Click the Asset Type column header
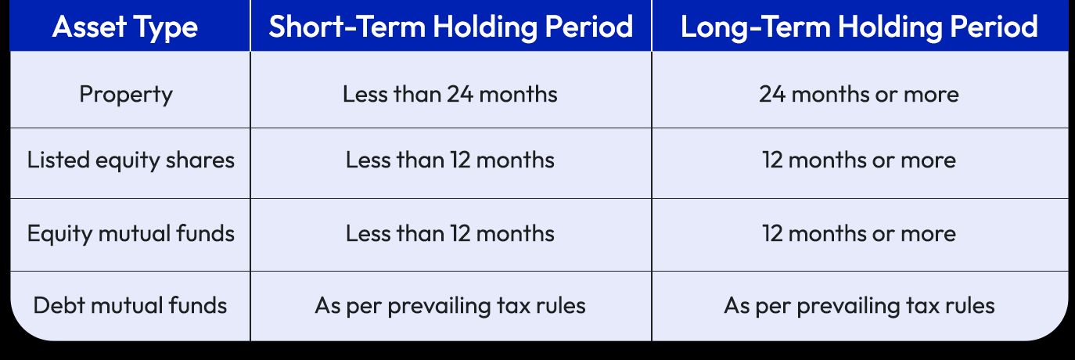click(125, 27)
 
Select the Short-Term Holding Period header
click(451, 27)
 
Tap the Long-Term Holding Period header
click(859, 27)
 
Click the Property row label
click(125, 95)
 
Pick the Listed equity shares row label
click(131, 160)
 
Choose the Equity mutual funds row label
click(131, 233)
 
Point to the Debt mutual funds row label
click(130, 304)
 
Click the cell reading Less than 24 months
click(450, 95)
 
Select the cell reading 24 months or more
click(858, 95)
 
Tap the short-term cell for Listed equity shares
click(450, 160)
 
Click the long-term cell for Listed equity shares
click(858, 160)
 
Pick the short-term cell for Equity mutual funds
click(450, 233)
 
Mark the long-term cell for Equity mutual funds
click(858, 233)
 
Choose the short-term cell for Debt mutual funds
click(450, 304)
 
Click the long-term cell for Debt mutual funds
click(858, 304)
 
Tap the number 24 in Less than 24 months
click(459, 95)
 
